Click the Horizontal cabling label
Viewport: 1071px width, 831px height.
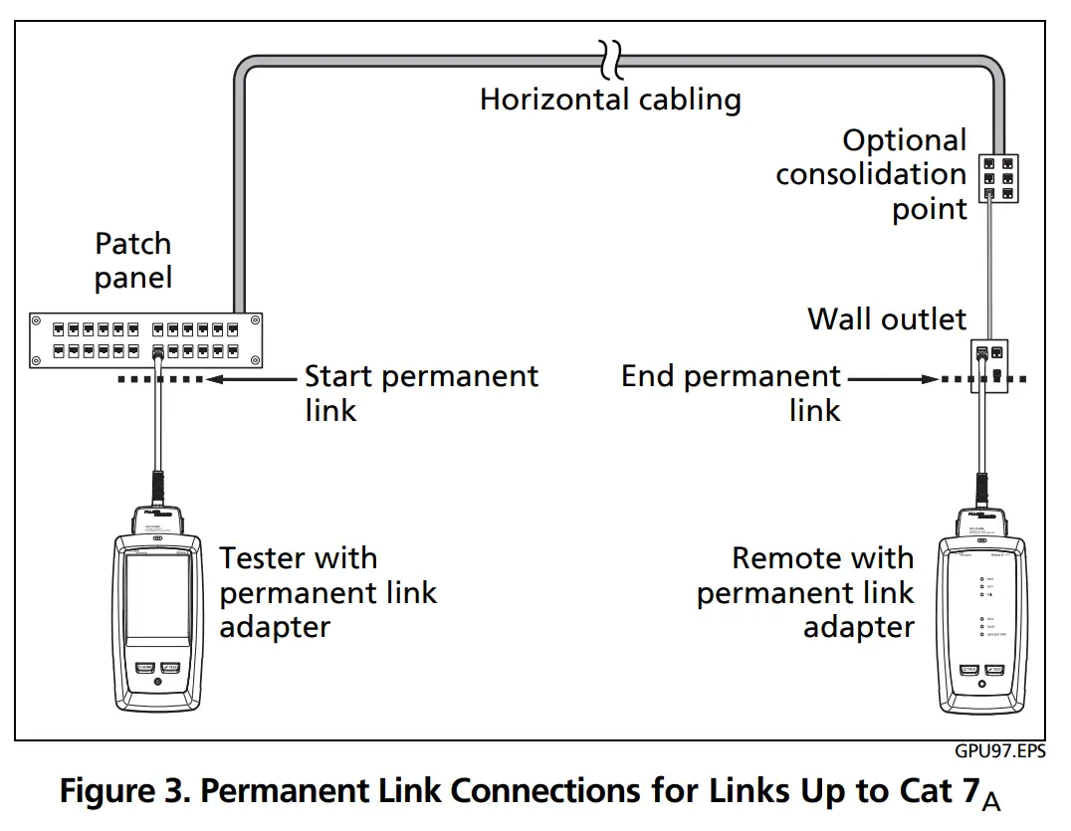[x=610, y=100]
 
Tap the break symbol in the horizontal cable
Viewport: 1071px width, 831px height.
[x=610, y=59]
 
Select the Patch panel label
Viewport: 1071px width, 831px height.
[x=132, y=261]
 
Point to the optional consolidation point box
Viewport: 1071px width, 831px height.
[x=997, y=176]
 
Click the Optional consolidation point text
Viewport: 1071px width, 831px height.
[x=872, y=175]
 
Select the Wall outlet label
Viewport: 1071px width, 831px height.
[x=886, y=318]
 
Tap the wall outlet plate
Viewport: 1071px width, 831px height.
[x=989, y=364]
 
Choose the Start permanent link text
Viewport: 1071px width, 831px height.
[x=420, y=392]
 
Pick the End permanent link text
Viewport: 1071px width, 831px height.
[x=732, y=392]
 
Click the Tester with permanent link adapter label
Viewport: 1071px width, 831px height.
[x=327, y=592]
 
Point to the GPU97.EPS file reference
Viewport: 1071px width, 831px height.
[x=1001, y=752]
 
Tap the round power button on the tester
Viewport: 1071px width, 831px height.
[x=157, y=685]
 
